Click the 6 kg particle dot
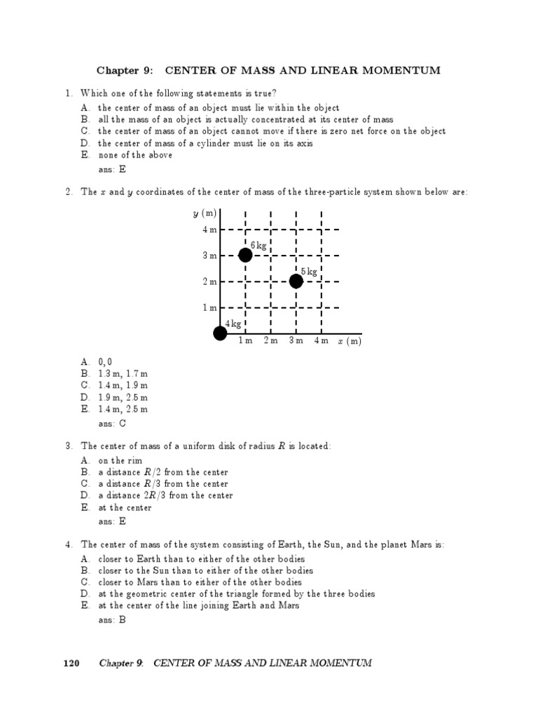[245, 255]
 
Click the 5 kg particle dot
[296, 281]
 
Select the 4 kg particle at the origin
[220, 333]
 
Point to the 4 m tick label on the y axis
[209, 230]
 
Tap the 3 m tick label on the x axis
[296, 341]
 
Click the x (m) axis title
[349, 341]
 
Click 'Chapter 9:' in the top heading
[123, 71]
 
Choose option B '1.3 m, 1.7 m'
[123, 374]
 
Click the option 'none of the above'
[134, 155]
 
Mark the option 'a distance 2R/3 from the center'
[165, 496]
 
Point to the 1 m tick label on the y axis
[209, 307]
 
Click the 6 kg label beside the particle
[258, 245]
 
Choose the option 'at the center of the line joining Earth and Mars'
[198, 605]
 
